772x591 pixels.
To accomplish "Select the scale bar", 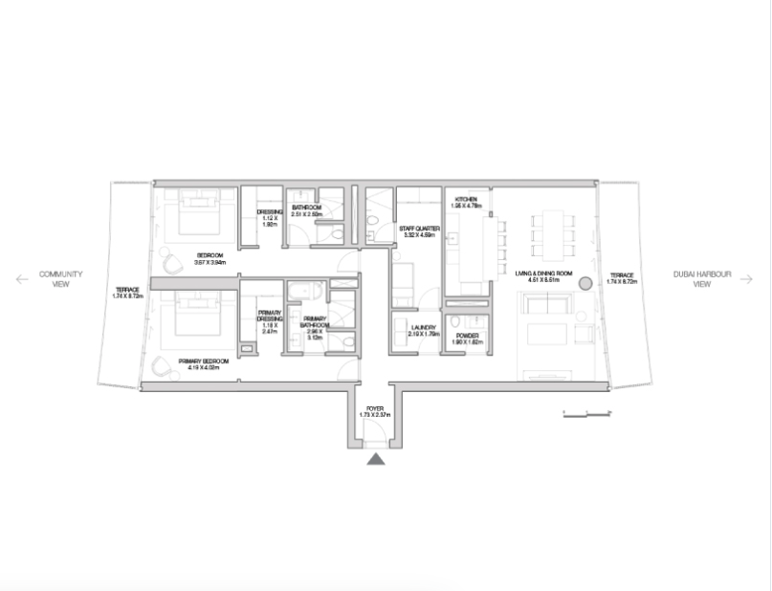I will [587, 413].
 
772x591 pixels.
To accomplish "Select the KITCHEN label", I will [466, 200].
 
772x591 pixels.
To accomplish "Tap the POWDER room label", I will [466, 336].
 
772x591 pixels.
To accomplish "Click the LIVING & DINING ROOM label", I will [543, 274].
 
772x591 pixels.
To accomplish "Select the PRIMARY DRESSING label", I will [269, 320].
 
